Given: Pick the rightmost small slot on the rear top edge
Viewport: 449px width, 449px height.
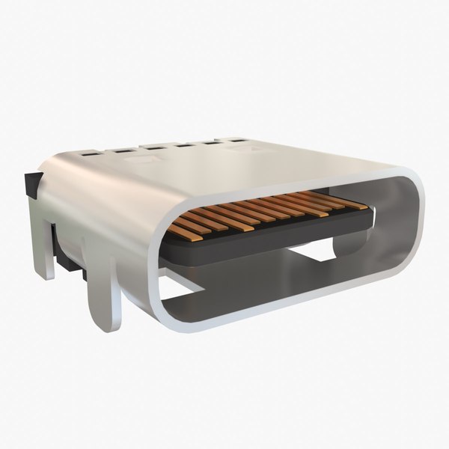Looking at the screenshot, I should point(238,139).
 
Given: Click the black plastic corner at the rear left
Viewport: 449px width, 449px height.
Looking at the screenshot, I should point(32,184).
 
